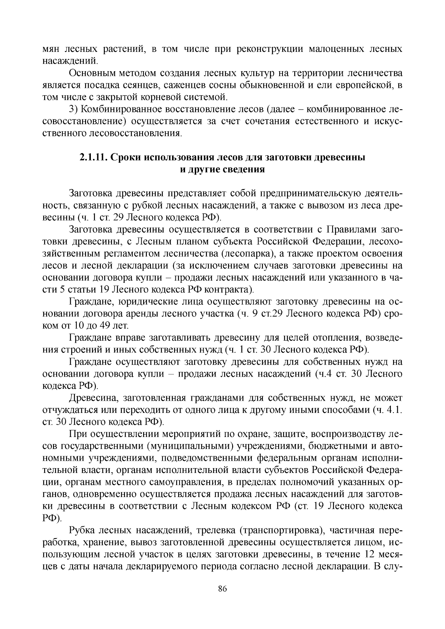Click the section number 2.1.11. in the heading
pos(93,157)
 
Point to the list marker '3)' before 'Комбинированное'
pos(74,109)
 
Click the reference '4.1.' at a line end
pos(393,410)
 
